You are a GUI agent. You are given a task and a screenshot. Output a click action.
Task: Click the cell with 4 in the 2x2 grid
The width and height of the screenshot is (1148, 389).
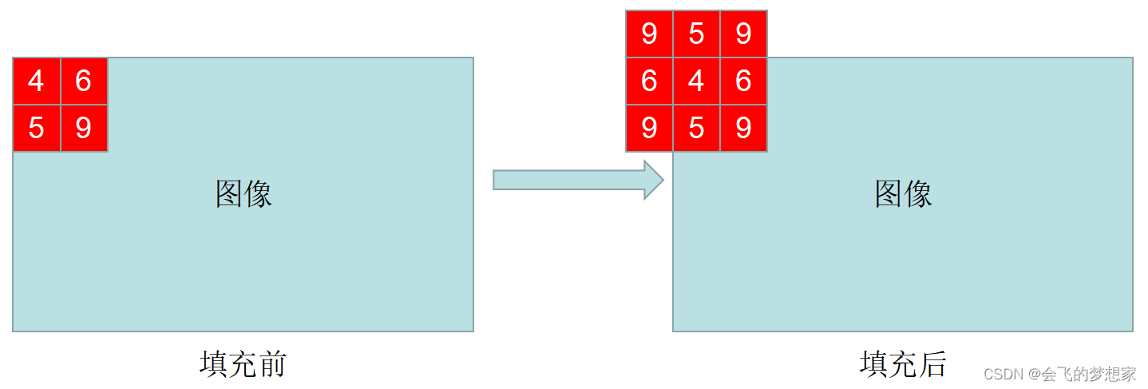[x=37, y=81]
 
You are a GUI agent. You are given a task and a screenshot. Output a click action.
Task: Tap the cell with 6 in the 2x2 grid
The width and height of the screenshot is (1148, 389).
[x=84, y=81]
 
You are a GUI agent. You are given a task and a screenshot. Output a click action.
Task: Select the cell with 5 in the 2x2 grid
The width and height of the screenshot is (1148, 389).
[x=37, y=128]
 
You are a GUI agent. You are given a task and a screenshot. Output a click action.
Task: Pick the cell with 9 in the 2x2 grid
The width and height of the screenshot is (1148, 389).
[x=84, y=128]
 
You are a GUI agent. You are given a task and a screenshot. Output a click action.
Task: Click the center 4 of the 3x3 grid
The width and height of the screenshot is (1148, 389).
[x=696, y=81]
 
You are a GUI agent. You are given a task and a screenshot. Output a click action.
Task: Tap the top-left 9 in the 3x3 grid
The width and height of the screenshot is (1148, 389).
[x=649, y=34]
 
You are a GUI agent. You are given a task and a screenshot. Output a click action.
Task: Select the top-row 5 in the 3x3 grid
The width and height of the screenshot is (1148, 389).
[x=696, y=34]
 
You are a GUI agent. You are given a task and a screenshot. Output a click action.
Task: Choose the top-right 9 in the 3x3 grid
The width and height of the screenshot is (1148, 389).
[x=743, y=34]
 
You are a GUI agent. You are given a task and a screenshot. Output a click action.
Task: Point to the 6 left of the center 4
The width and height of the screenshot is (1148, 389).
[x=649, y=81]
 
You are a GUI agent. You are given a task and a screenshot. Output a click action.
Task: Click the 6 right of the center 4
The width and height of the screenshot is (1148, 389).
[x=743, y=81]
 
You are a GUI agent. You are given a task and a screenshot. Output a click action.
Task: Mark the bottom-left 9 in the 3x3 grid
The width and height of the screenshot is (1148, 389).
[x=649, y=128]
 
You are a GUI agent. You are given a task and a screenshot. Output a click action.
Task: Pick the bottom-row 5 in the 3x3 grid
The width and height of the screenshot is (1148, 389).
[x=696, y=128]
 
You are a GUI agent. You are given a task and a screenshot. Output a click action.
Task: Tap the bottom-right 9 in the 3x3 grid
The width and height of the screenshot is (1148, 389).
[x=743, y=128]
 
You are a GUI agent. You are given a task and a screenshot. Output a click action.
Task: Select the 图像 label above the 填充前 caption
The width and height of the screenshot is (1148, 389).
[x=243, y=193]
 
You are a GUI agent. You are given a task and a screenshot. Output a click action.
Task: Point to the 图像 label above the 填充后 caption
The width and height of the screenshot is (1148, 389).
[x=903, y=193]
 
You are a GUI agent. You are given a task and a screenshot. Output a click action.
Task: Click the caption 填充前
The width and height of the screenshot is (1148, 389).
[x=243, y=364]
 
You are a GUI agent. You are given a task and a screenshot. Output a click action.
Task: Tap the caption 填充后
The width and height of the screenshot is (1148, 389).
[x=903, y=364]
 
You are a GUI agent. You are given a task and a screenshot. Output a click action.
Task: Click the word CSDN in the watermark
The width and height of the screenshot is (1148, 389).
[x=1003, y=374]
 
